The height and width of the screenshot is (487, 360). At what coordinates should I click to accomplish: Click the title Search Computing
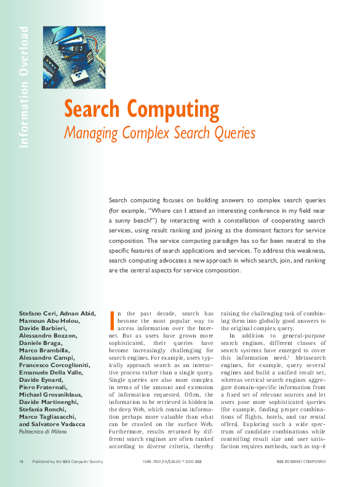coord(142,110)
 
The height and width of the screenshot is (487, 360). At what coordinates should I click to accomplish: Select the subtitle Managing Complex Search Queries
coord(160,132)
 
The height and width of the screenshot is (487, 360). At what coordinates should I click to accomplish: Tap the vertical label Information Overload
coord(24,87)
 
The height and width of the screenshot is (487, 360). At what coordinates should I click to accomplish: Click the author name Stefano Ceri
coord(39,314)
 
